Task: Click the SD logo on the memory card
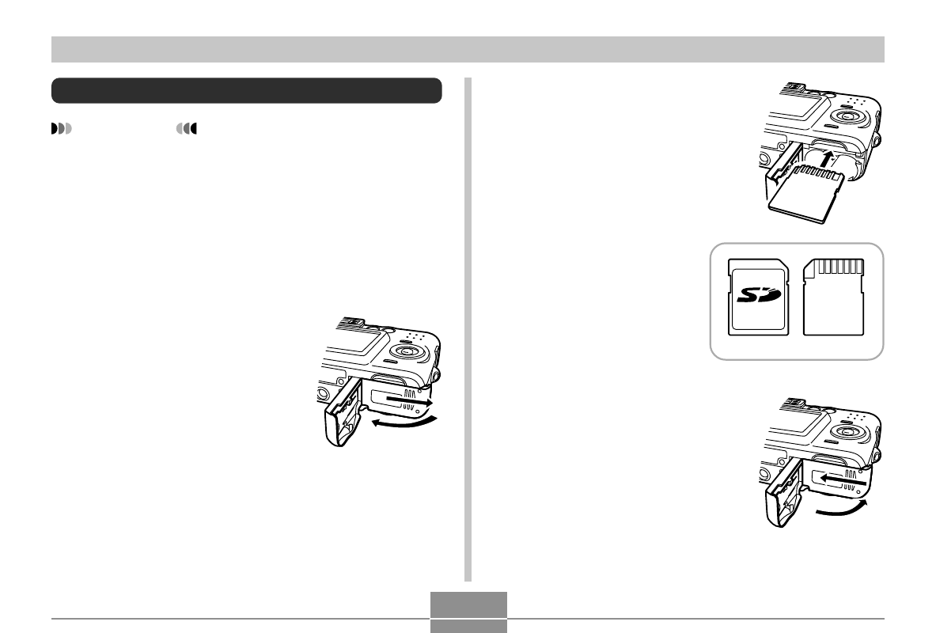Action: coord(759,294)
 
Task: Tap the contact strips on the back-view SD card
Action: coord(840,266)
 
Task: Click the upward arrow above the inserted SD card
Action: coord(825,160)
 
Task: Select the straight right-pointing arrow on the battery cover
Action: coord(409,400)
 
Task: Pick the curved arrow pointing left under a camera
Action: coord(404,423)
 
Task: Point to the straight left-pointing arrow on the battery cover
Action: coord(843,479)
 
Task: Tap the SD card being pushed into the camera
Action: coord(805,194)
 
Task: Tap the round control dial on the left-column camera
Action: coord(408,351)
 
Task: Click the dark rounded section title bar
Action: coord(247,90)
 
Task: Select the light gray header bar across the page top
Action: coord(468,50)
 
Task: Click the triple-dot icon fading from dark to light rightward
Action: coord(62,128)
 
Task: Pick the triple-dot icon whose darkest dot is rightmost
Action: coord(186,128)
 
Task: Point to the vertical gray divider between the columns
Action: coord(468,329)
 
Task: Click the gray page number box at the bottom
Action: coord(468,612)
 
